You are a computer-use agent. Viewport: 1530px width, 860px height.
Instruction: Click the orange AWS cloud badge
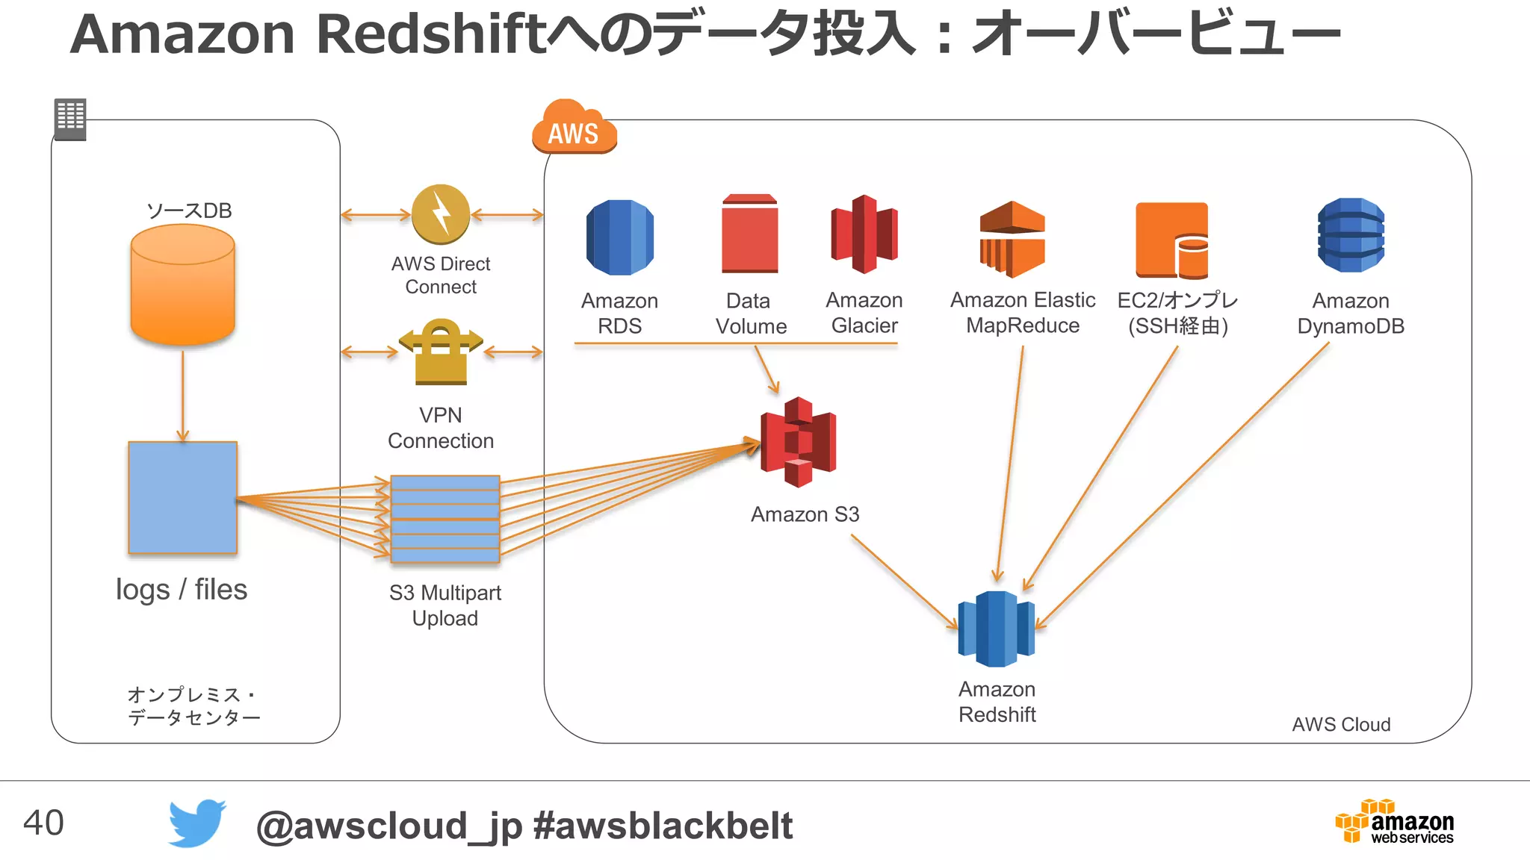(x=574, y=128)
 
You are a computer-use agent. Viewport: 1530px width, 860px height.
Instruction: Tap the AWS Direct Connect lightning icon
(x=441, y=215)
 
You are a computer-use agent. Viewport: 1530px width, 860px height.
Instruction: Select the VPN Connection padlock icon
(x=441, y=352)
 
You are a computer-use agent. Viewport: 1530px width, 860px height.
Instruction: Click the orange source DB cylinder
(x=182, y=285)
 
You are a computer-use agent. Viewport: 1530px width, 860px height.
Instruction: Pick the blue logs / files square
(x=182, y=497)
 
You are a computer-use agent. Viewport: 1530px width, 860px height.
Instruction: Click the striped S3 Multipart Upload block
(x=445, y=519)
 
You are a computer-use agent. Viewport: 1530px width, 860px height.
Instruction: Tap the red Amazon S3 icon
(x=798, y=442)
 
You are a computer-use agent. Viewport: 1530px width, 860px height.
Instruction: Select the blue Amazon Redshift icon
(x=997, y=629)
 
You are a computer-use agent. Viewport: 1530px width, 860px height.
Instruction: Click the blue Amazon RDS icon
(x=619, y=237)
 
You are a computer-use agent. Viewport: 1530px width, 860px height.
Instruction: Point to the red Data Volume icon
(x=749, y=234)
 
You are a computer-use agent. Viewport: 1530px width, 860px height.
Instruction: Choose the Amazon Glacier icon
(x=864, y=234)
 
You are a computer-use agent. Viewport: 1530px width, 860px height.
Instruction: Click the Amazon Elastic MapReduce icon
(x=1012, y=239)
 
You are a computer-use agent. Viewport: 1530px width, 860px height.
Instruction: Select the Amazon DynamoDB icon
(x=1351, y=235)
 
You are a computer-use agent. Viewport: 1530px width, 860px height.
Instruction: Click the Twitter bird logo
(x=196, y=823)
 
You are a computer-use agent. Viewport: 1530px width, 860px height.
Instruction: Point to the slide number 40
(x=43, y=823)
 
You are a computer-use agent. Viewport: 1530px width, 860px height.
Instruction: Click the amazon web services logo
(x=1395, y=822)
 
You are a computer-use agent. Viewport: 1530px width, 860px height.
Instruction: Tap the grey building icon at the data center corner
(x=70, y=119)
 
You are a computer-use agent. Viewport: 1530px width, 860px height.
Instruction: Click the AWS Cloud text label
(x=1341, y=724)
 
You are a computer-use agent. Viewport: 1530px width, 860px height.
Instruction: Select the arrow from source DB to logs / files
(x=182, y=396)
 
